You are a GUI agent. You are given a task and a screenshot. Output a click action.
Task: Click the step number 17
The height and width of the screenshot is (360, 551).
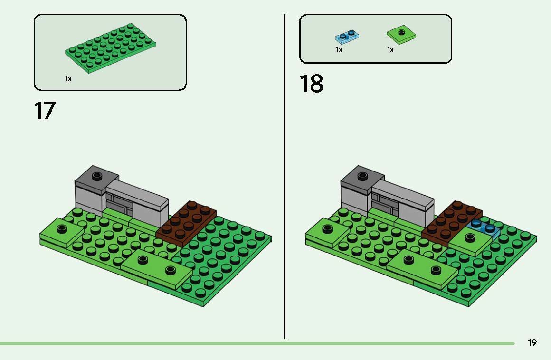click(x=45, y=111)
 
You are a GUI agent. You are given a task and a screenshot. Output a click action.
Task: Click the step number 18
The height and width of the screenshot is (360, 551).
click(x=311, y=84)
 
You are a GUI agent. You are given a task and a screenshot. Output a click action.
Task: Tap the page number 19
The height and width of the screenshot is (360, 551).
click(x=532, y=342)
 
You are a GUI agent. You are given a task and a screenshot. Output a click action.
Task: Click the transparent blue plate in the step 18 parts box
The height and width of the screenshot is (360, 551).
click(x=347, y=37)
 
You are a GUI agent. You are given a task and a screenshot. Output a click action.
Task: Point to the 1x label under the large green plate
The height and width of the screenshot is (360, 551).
click(x=68, y=79)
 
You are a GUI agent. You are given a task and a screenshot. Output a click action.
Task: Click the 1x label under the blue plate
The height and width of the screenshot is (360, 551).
click(x=339, y=50)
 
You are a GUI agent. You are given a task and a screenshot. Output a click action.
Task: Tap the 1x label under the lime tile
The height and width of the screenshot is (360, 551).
click(x=390, y=50)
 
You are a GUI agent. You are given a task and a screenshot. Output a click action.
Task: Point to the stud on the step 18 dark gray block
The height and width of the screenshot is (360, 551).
click(x=362, y=176)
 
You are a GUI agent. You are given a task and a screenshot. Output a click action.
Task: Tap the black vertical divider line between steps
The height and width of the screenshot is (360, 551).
click(x=285, y=176)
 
